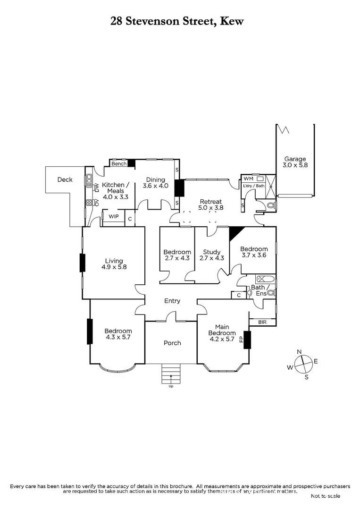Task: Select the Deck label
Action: (x=65, y=179)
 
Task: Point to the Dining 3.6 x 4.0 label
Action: (x=155, y=183)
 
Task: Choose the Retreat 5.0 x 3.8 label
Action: (x=210, y=204)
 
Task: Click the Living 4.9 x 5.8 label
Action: (x=114, y=263)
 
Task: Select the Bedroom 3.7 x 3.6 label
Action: (x=254, y=252)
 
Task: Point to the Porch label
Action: (x=172, y=343)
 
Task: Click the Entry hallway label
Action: (x=172, y=301)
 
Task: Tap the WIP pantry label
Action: (x=113, y=216)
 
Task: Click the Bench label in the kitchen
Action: (x=119, y=164)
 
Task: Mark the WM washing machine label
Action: (x=248, y=179)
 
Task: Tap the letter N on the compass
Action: (x=299, y=352)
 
